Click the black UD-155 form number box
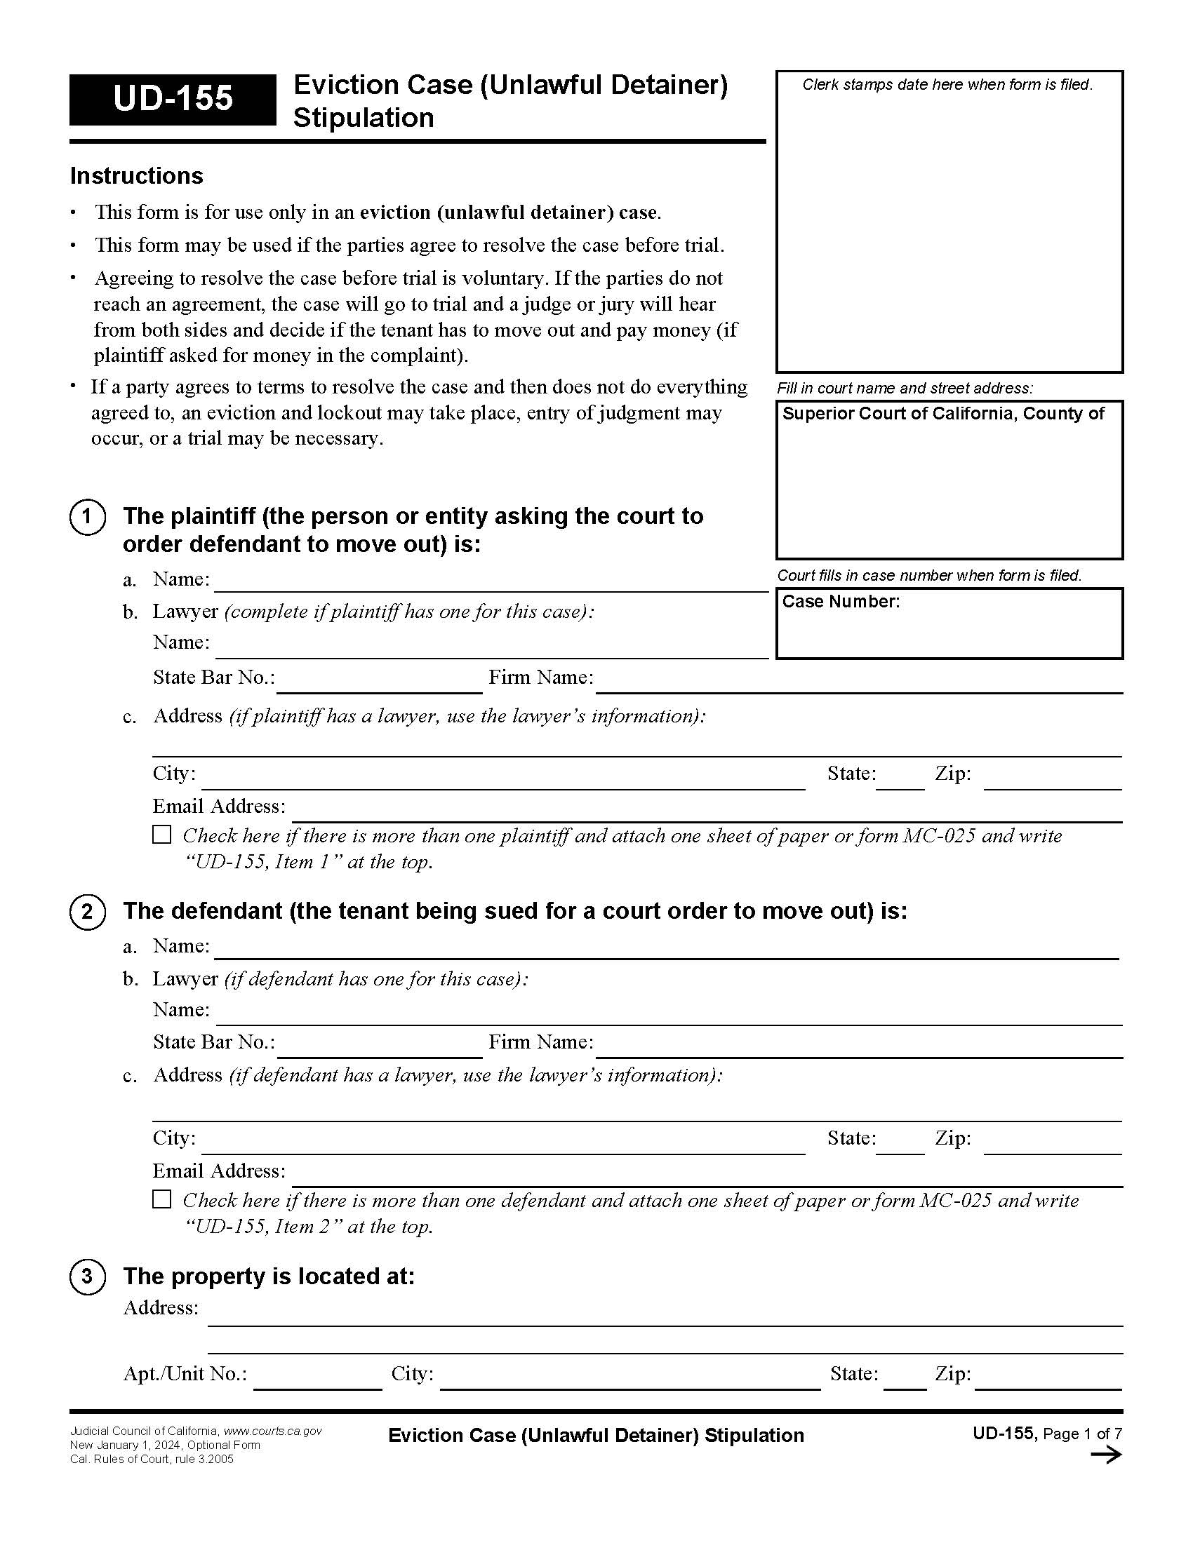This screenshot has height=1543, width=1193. point(173,100)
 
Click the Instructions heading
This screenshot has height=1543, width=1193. point(136,176)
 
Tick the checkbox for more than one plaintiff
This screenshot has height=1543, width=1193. point(162,835)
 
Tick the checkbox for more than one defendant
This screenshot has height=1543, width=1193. point(162,1199)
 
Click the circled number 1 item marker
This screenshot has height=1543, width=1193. point(88,517)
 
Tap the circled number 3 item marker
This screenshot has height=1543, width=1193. point(88,1276)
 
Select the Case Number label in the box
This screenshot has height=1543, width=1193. point(840,602)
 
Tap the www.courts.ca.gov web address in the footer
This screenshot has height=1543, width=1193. point(273,1431)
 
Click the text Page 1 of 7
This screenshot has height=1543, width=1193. point(1082,1434)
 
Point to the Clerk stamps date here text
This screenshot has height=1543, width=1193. point(947,85)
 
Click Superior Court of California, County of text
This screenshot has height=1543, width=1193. point(942,414)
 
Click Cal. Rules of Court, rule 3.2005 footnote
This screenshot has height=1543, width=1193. point(152,1460)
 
